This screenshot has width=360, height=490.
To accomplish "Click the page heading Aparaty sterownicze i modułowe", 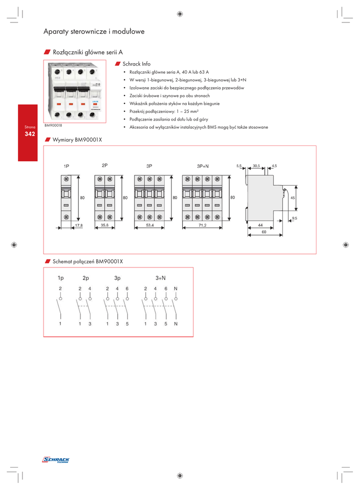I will point(94,32).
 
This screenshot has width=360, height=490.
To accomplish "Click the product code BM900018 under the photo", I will point(54,125).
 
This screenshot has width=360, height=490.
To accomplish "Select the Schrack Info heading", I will point(136,64).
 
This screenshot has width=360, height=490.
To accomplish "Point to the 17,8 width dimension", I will point(79,225).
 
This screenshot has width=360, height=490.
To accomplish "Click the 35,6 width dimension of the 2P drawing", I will point(105,225).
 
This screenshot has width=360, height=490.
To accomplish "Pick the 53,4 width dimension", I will point(149,225).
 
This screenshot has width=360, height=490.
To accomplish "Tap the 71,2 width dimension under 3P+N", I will point(202,225).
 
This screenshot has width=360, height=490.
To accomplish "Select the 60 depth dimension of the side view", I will point(263,231).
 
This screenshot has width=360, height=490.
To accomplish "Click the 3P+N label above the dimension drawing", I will point(202,166).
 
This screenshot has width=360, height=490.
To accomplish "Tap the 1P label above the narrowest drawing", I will point(66,166).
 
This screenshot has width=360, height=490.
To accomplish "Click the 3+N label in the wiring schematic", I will point(160,278).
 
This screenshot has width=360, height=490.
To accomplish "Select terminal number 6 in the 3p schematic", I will point(127,289).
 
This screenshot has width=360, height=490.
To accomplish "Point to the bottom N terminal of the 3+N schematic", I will point(176,324).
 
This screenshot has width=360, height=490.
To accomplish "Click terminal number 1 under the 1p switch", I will point(60,324).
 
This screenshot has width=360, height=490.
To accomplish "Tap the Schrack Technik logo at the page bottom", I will point(56,460).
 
